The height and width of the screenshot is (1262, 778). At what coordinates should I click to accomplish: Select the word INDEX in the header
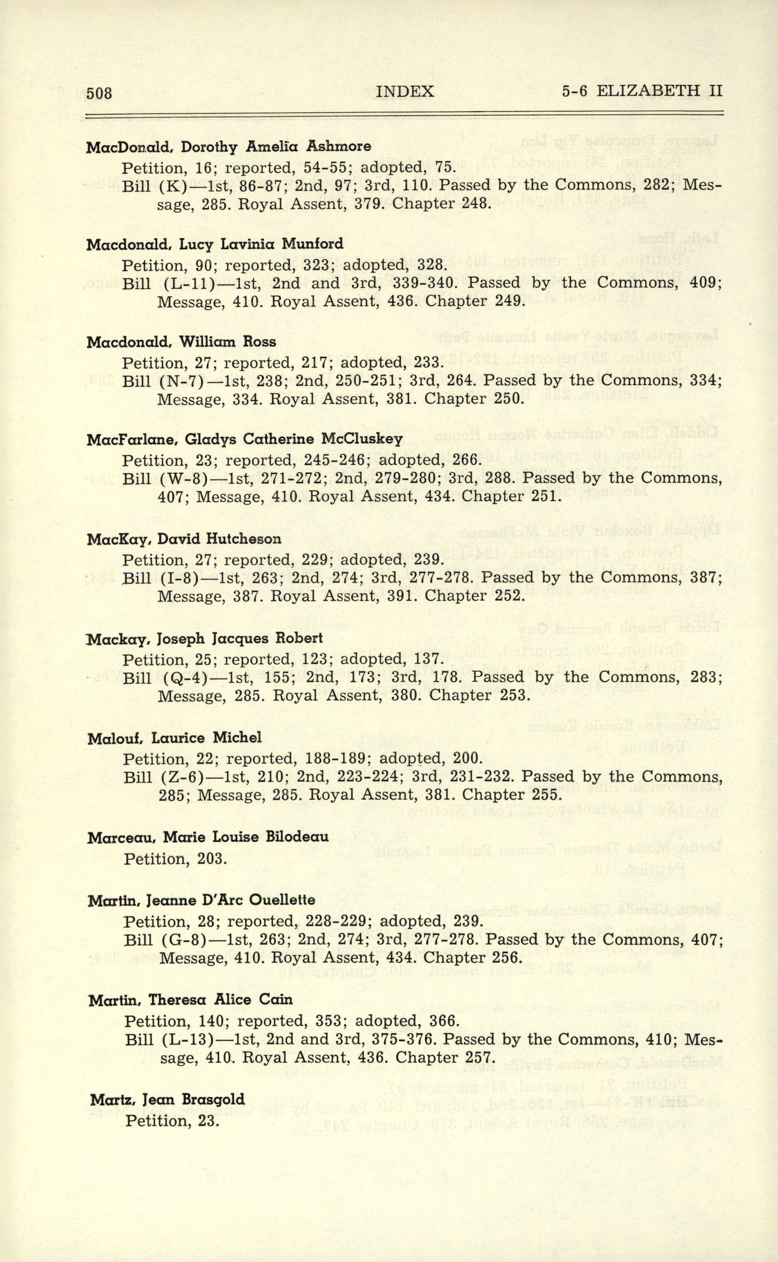click(405, 91)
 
